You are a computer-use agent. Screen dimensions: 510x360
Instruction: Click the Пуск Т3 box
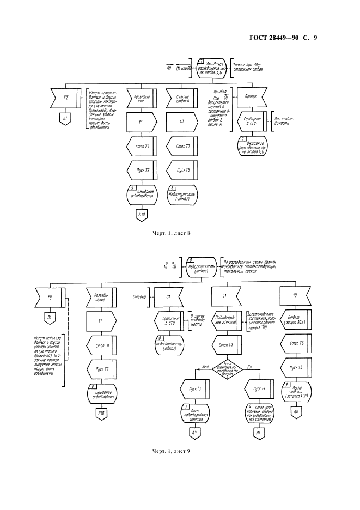pos(195,388)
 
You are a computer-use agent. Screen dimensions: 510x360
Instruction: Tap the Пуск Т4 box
pos(259,388)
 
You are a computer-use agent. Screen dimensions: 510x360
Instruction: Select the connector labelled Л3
pos(195,434)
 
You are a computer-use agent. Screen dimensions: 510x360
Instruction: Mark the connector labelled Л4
pos(259,434)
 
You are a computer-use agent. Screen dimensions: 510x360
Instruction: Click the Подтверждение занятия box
pos(226,321)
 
